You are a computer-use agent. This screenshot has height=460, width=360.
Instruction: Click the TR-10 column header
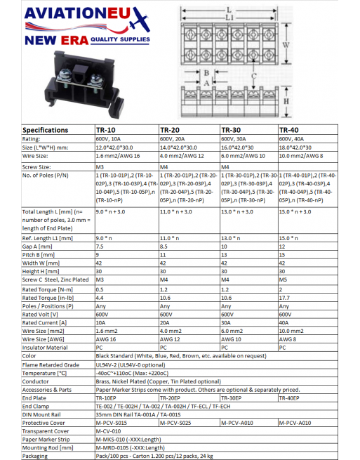coord(107,130)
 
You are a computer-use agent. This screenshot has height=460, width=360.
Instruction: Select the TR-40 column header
coord(291,130)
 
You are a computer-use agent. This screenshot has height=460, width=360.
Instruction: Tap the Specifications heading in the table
coord(46,130)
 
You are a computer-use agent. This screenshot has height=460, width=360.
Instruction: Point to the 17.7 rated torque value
coord(285,297)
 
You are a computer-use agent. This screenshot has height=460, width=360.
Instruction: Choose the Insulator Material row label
coord(45,347)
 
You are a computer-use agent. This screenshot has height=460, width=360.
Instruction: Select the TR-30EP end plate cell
coord(233,397)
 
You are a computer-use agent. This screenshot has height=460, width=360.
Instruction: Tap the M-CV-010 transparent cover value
coord(111,431)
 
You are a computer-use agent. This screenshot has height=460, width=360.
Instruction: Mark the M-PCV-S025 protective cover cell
coord(177,423)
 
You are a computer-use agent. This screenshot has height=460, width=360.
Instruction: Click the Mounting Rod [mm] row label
coord(46,447)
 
